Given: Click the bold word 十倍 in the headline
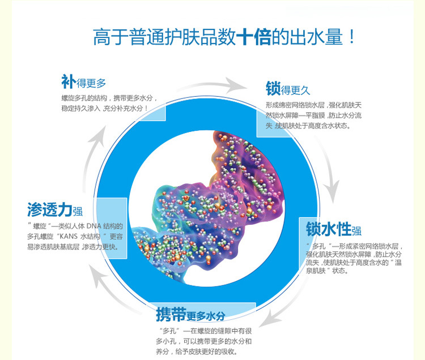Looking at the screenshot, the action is (254, 37).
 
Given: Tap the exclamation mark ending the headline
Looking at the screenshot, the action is (351, 37).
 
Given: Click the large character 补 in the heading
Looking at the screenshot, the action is (69, 82).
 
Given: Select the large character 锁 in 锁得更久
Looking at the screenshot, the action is (273, 88).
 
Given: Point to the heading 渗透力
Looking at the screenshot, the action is (50, 209).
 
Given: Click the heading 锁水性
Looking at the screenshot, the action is (329, 229).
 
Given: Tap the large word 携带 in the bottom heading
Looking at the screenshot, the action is (171, 314).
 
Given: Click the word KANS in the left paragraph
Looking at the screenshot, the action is (69, 236).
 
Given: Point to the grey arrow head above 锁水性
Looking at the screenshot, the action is (332, 192).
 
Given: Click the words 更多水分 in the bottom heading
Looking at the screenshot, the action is (206, 316).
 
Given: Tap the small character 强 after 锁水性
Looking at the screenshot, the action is (356, 231).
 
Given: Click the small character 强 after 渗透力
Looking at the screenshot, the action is (78, 211).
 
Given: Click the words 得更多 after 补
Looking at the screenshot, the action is (91, 83).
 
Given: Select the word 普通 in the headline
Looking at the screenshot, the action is (147, 37).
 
